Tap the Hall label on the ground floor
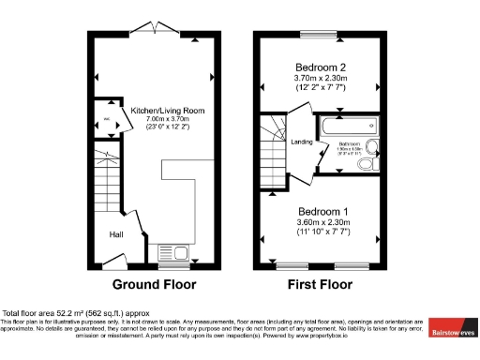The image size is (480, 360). [x=117, y=234]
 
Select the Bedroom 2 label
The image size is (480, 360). [x=322, y=67]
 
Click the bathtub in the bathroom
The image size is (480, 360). [x=344, y=125]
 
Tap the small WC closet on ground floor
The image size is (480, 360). [x=107, y=119]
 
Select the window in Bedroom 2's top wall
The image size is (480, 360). [x=320, y=36]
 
